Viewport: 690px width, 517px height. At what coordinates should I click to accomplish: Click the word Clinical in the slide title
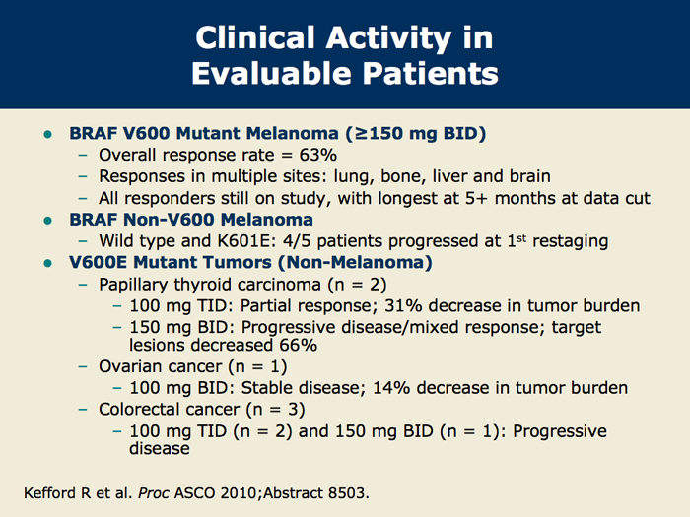(x=255, y=37)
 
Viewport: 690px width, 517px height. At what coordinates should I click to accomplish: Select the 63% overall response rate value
(x=318, y=155)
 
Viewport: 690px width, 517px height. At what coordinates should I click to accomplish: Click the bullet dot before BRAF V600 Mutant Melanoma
(x=48, y=134)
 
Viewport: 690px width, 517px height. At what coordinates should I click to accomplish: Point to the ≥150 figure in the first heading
(x=379, y=133)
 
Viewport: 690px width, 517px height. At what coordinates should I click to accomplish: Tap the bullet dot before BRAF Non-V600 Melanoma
(x=48, y=221)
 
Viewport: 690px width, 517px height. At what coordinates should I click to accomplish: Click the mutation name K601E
(x=246, y=241)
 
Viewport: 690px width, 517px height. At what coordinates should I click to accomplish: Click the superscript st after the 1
(x=521, y=238)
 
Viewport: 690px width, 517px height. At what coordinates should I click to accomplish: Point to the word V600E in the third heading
(x=99, y=263)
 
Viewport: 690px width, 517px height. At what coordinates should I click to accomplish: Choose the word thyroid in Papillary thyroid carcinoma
(x=203, y=285)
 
